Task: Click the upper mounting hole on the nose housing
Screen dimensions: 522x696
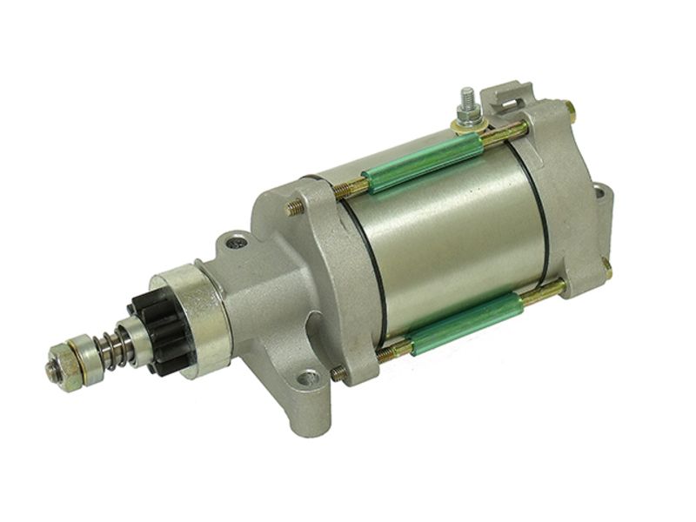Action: click(233, 243)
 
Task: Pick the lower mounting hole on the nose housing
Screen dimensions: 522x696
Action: click(307, 378)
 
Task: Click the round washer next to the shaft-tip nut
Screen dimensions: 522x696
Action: click(77, 361)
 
